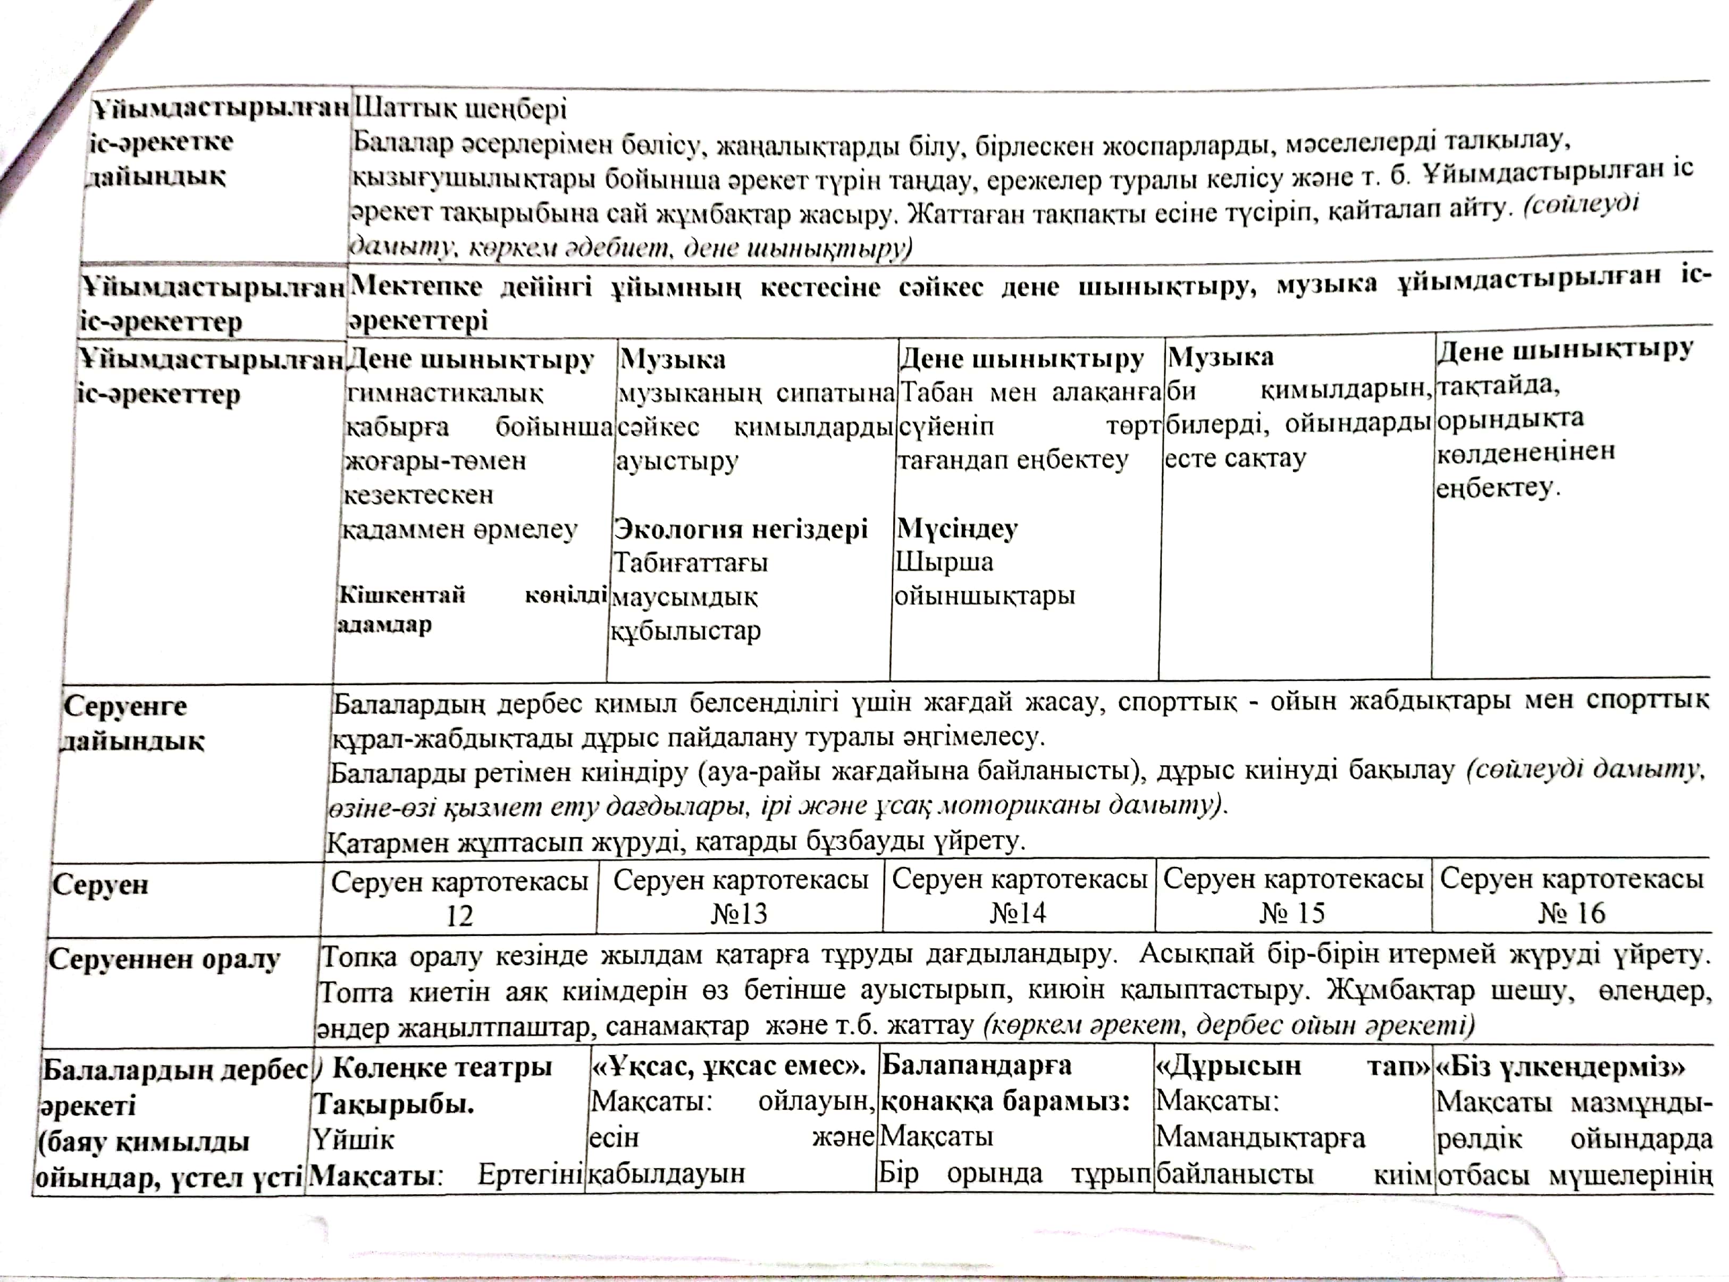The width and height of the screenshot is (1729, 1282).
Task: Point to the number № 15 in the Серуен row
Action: (1292, 913)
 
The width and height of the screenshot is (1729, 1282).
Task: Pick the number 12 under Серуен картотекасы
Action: (459, 916)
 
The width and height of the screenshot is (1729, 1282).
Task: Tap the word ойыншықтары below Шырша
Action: (985, 596)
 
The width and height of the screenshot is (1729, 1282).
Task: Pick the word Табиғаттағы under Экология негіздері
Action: (691, 563)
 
